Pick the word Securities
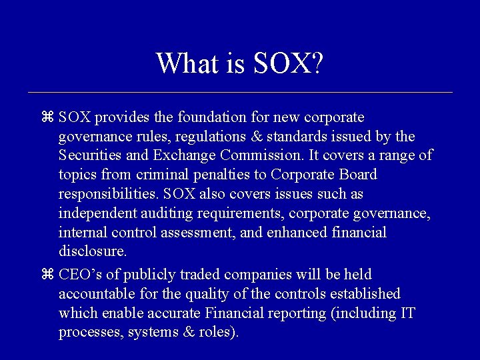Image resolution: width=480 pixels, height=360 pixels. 86,156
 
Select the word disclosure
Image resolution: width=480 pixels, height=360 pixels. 92,251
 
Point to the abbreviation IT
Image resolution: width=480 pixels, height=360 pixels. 406,313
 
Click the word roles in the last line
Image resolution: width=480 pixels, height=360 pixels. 214,332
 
